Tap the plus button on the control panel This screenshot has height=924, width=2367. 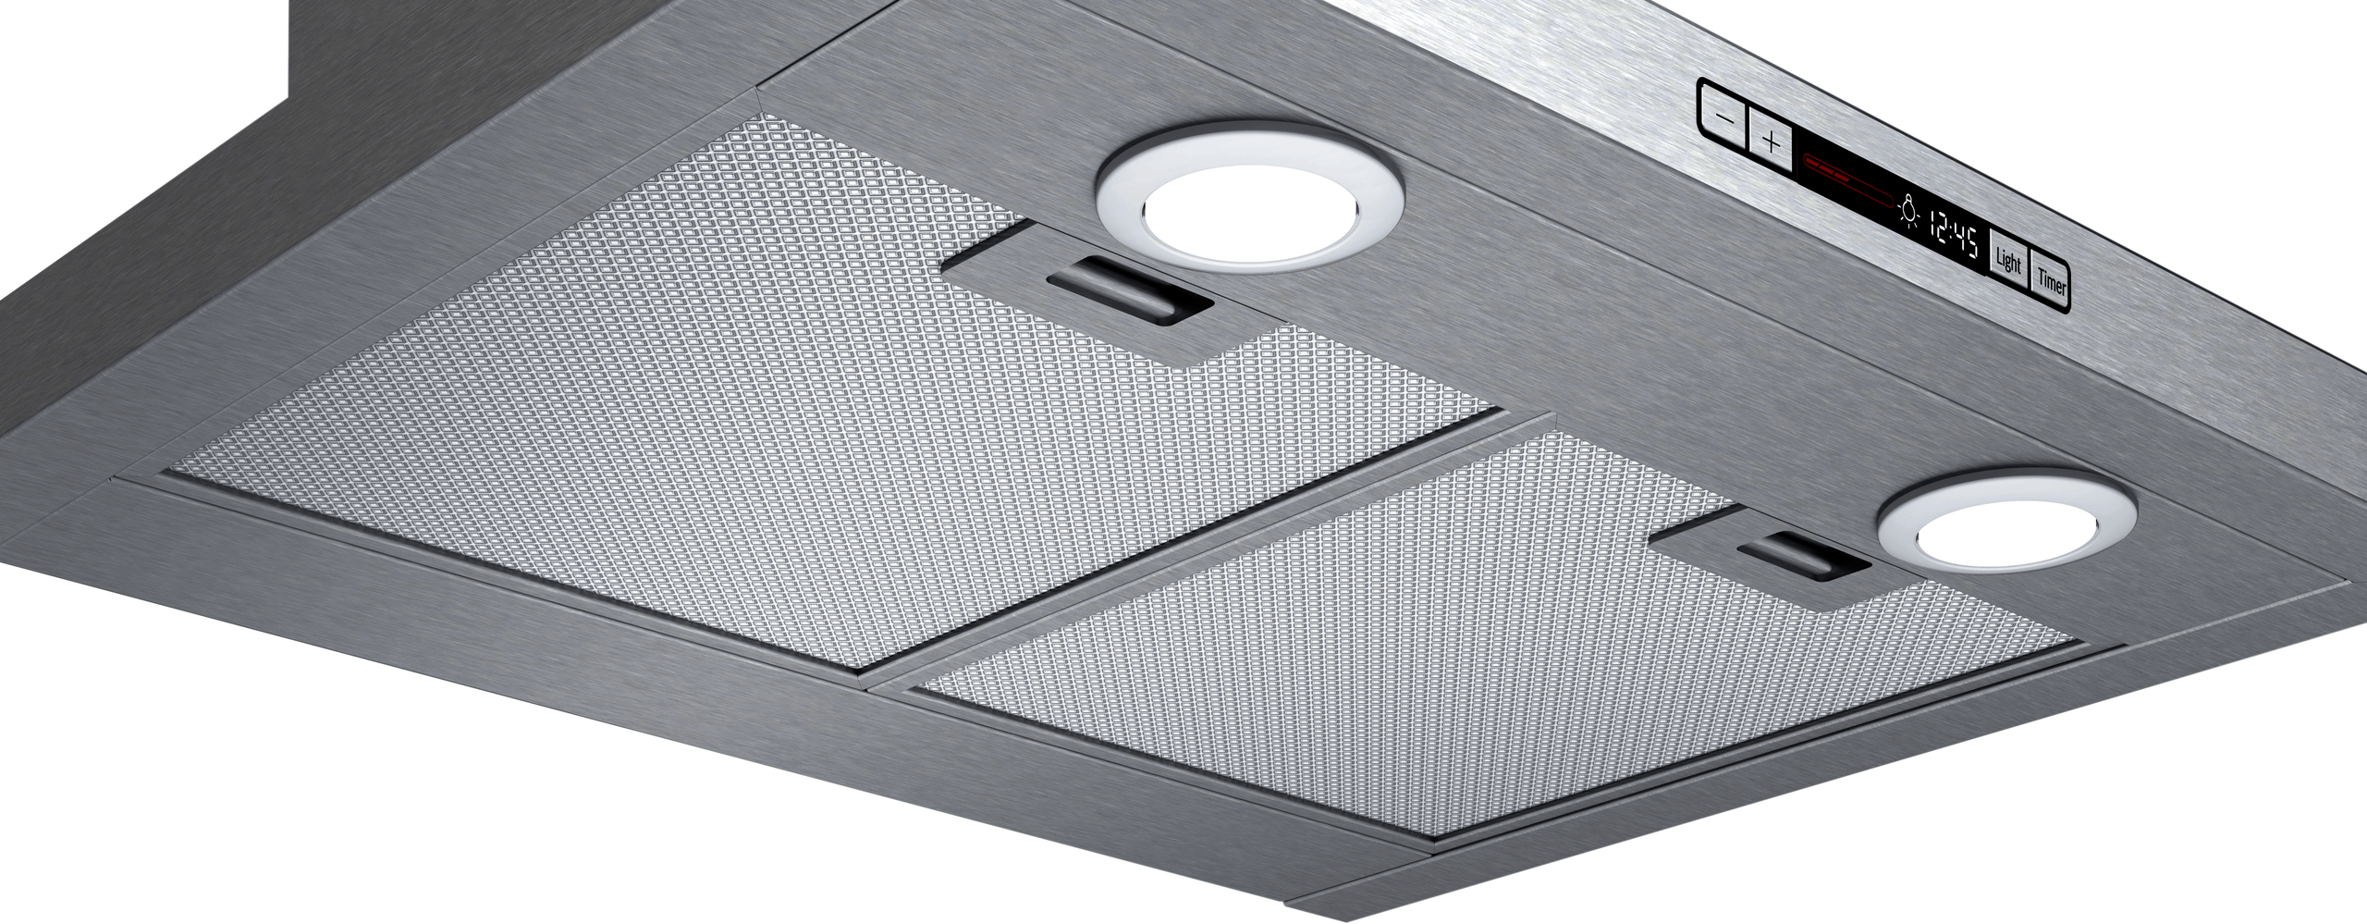[1771, 143]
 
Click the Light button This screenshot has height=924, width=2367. [2008, 262]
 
